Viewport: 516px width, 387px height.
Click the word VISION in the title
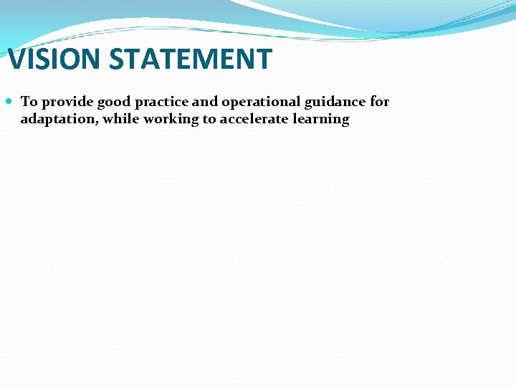[54, 59]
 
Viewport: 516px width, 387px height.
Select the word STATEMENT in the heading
[191, 59]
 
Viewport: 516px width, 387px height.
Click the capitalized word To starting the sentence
[29, 102]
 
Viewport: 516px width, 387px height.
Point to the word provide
[65, 102]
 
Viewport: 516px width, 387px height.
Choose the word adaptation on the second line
[59, 120]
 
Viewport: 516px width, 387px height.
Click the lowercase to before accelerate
[209, 120]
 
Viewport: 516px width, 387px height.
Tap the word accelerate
[254, 120]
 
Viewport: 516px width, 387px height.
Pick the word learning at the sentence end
[322, 120]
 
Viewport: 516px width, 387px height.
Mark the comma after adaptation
[98, 123]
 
